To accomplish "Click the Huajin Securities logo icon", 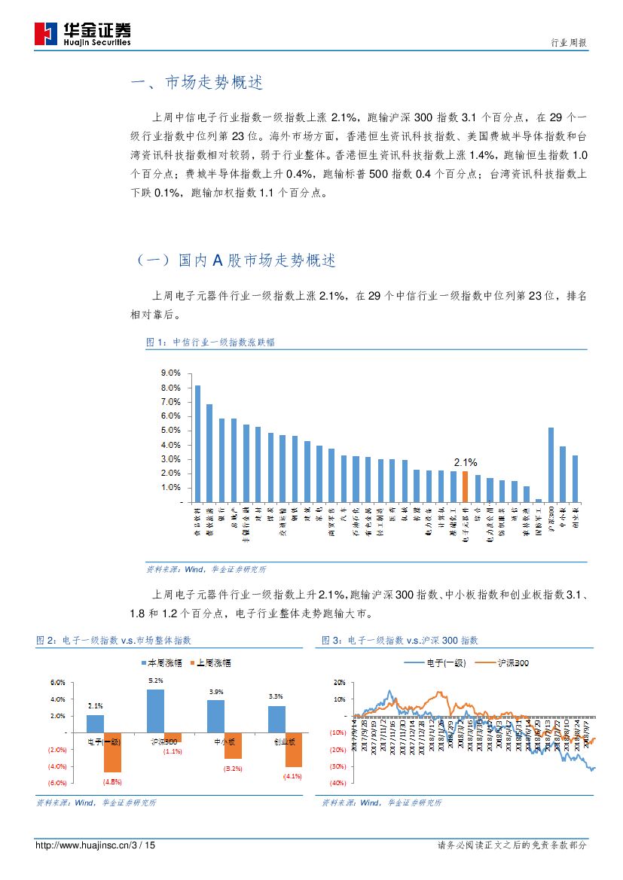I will (46, 34).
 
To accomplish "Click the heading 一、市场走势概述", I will (197, 83).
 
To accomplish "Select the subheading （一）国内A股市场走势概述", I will (234, 260).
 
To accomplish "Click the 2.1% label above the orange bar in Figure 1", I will (465, 462).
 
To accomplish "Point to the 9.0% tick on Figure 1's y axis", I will (171, 373).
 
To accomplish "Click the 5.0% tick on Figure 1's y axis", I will (171, 431).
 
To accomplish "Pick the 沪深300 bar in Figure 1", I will (551, 464).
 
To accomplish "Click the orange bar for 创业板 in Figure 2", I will (293, 749).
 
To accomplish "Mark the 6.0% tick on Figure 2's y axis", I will (57, 683).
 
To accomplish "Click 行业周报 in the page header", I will (569, 43).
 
